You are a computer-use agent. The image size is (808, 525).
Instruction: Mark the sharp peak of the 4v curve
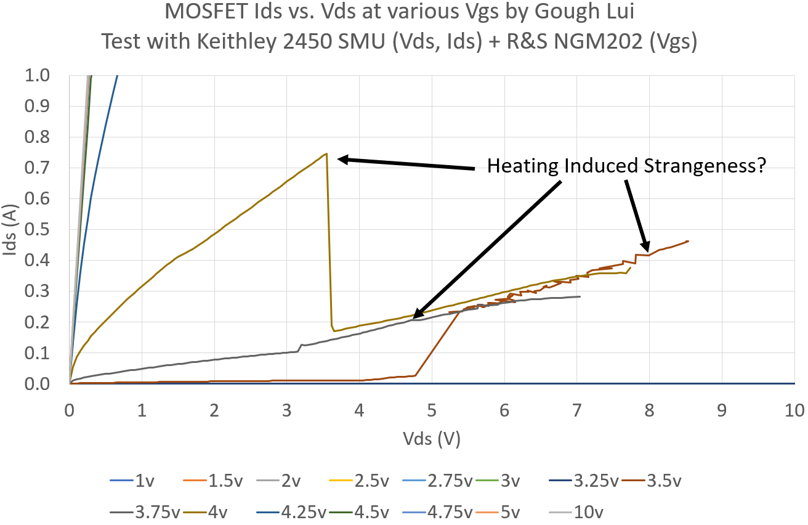[x=326, y=153]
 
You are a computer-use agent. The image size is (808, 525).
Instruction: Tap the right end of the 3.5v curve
[x=688, y=241]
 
